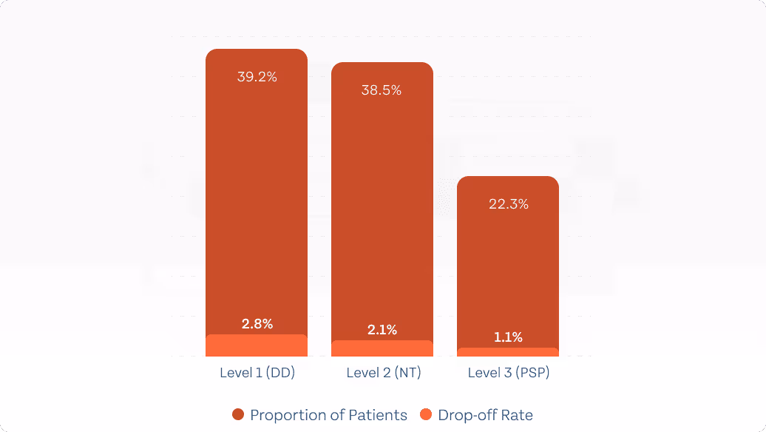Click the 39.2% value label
(257, 77)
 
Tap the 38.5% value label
(382, 90)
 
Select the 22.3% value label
(509, 204)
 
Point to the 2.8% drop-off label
(257, 323)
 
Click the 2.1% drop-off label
(382, 330)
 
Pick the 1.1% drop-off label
(508, 337)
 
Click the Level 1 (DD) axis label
(257, 373)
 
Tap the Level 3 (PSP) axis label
(509, 373)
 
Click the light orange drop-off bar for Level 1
(257, 346)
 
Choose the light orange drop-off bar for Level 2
(382, 349)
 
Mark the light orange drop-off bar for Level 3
(508, 352)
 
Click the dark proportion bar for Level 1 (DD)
(257, 192)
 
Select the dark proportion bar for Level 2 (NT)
(382, 207)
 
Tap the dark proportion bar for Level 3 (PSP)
(508, 266)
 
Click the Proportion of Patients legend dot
(238, 415)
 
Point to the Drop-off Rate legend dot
(426, 415)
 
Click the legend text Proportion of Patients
(328, 415)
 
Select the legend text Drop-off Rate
(485, 415)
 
